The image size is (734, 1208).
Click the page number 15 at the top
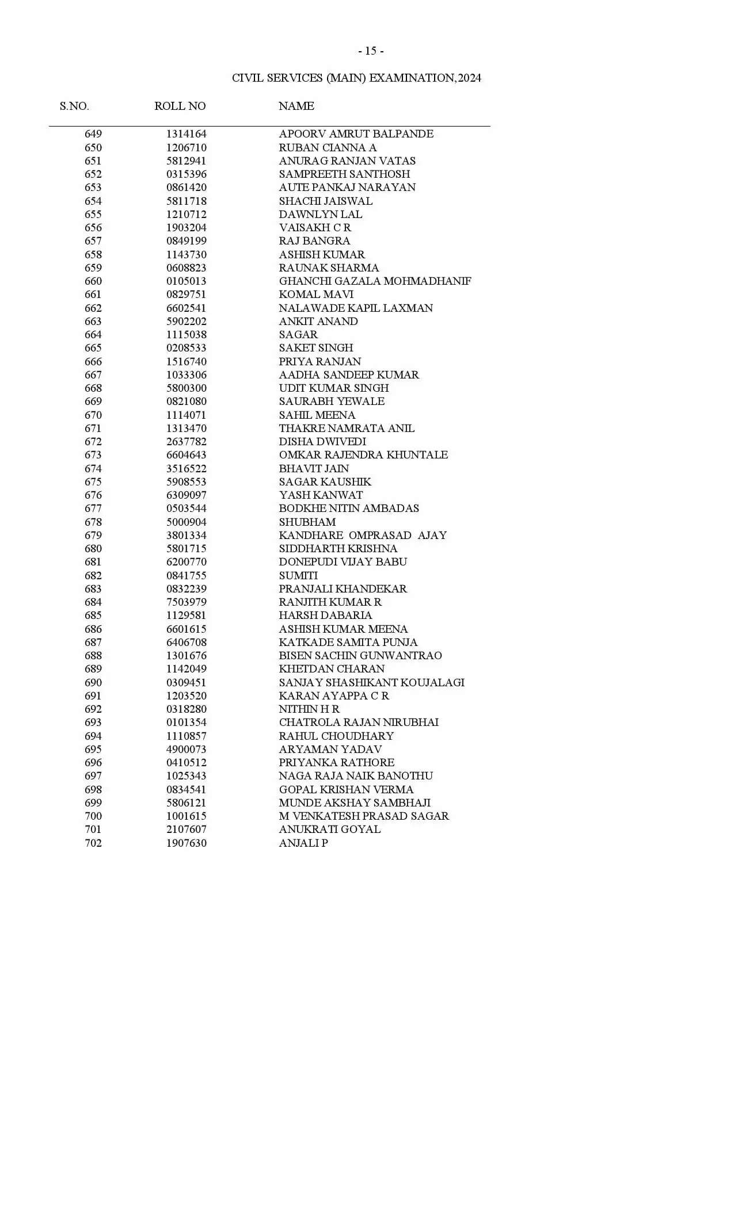(x=371, y=51)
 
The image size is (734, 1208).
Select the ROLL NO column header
(x=180, y=106)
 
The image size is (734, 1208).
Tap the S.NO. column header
(x=74, y=106)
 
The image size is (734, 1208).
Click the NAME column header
(x=296, y=106)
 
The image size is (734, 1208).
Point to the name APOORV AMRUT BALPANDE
(x=356, y=134)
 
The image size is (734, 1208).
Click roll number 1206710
(x=186, y=147)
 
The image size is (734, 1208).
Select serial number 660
(x=93, y=281)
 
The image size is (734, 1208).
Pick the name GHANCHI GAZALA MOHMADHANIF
(x=375, y=281)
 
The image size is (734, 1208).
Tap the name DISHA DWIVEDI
(x=322, y=442)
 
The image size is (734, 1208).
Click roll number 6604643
(x=186, y=455)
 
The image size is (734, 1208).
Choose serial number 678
(x=93, y=522)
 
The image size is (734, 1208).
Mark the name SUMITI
(x=298, y=576)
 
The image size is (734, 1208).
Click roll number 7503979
(x=186, y=602)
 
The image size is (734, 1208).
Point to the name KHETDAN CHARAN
(x=332, y=669)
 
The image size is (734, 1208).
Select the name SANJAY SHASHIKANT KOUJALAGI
(x=371, y=683)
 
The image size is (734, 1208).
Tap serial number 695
(x=93, y=750)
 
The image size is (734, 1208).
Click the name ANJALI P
(x=303, y=843)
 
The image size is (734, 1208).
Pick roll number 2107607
(x=186, y=829)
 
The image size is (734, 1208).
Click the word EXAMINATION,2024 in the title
(x=425, y=78)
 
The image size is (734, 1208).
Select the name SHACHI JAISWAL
(x=325, y=201)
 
